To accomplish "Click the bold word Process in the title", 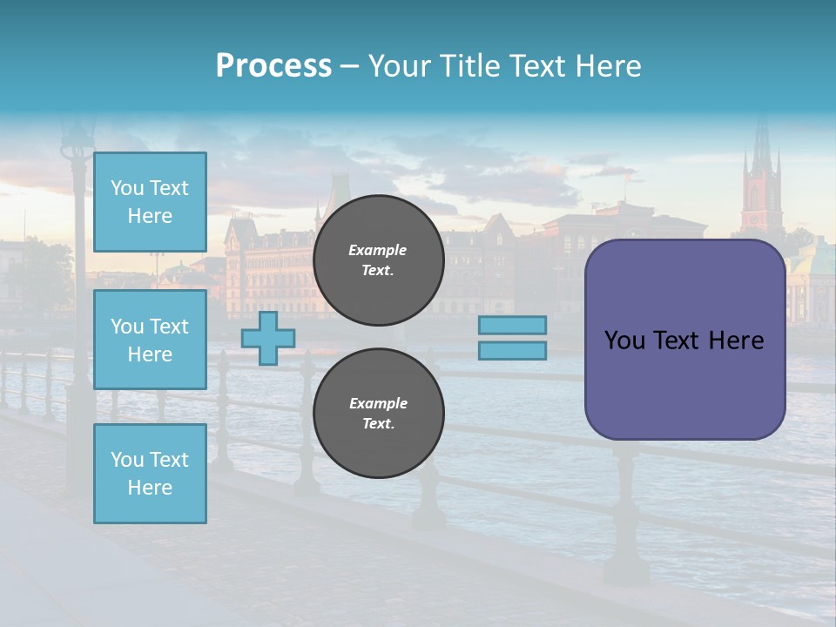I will pyautogui.click(x=273, y=66).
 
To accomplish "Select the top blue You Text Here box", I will pyautogui.click(x=150, y=202).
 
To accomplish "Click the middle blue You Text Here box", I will pyautogui.click(x=150, y=340).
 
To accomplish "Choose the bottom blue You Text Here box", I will pyautogui.click(x=150, y=474).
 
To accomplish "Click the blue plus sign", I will pyautogui.click(x=268, y=339).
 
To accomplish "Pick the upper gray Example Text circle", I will pyautogui.click(x=378, y=260).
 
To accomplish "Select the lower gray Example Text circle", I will pyautogui.click(x=378, y=414).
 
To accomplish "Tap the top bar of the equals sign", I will pyautogui.click(x=512, y=326).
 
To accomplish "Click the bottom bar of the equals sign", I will pyautogui.click(x=512, y=351).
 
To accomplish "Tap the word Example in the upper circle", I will pyautogui.click(x=378, y=250).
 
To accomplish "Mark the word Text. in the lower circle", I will pyautogui.click(x=378, y=424).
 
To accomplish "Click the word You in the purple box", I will pyautogui.click(x=624, y=340).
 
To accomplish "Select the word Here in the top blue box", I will pyautogui.click(x=150, y=216).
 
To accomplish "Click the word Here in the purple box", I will pyautogui.click(x=736, y=340).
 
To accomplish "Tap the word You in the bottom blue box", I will pyautogui.click(x=127, y=460).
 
